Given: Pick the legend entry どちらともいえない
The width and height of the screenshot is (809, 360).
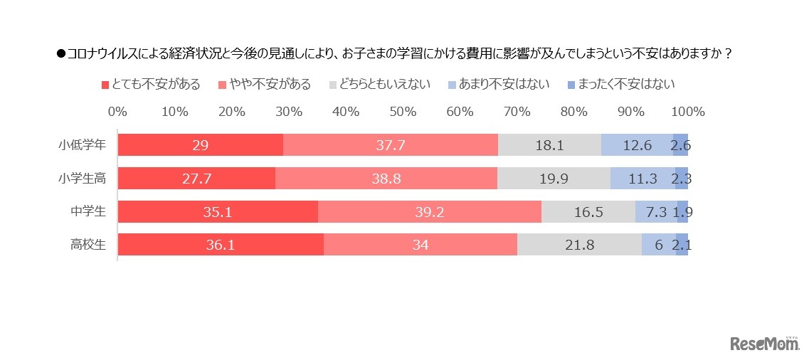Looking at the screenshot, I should pyautogui.click(x=381, y=84).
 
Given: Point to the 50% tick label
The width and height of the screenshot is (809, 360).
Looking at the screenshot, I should pyautogui.click(x=403, y=112).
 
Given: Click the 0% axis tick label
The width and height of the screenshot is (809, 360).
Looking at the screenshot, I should pyautogui.click(x=117, y=112).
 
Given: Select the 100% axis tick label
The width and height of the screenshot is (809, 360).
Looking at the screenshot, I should pyautogui.click(x=687, y=112).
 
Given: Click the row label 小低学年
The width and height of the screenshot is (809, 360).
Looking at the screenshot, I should pyautogui.click(x=82, y=144).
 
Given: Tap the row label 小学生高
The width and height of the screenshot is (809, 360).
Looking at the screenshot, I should pyautogui.click(x=82, y=178).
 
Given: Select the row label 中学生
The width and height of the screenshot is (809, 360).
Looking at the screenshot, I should pyautogui.click(x=88, y=211).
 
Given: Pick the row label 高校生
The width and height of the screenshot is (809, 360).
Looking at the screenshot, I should pyautogui.click(x=88, y=245).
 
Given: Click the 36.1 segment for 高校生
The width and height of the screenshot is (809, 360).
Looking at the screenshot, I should pyautogui.click(x=220, y=245).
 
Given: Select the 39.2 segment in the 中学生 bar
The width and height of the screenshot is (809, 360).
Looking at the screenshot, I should pyautogui.click(x=429, y=211).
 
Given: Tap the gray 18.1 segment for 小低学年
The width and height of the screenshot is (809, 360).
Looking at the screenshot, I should pyautogui.click(x=549, y=144).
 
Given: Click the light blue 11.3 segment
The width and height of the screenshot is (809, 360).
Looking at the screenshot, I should pyautogui.click(x=642, y=178).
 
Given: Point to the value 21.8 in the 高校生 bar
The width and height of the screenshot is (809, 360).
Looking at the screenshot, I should pyautogui.click(x=579, y=245).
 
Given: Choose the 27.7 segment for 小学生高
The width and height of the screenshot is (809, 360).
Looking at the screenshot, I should pyautogui.click(x=196, y=178).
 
